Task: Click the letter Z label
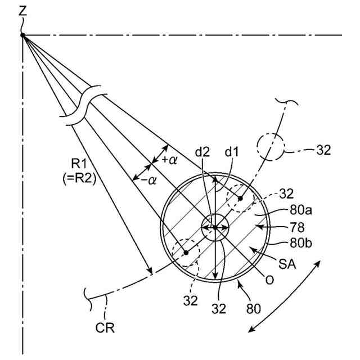click(22, 10)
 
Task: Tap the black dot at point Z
click(23, 35)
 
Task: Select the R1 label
click(78, 164)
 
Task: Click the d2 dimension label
click(204, 168)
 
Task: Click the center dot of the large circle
click(214, 227)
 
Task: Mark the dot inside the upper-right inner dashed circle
click(240, 199)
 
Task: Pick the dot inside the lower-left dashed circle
click(185, 253)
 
